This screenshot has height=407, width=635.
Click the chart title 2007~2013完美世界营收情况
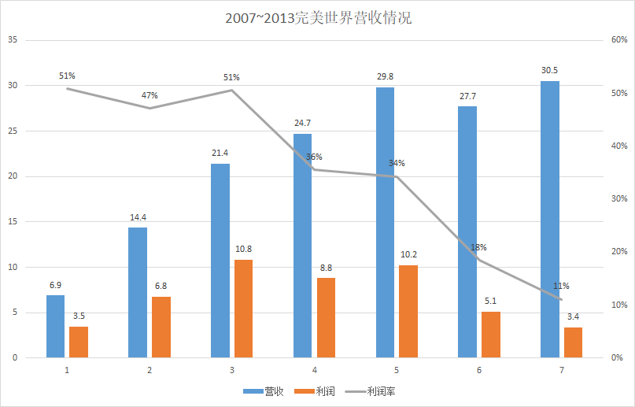[x=318, y=18]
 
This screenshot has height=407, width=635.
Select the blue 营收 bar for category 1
[x=55, y=326]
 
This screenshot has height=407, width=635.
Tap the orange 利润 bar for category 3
[x=243, y=309]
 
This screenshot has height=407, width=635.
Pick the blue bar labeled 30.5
[x=550, y=219]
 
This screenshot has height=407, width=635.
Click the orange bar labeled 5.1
[x=490, y=335]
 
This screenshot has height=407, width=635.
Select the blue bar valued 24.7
[x=303, y=246]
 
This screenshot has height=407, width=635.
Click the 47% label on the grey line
[x=150, y=95]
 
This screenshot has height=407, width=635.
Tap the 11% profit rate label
[x=561, y=286]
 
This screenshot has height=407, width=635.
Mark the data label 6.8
[x=161, y=286]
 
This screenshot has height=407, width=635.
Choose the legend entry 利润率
[x=376, y=390]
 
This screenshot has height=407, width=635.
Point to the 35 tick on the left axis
[x=12, y=40]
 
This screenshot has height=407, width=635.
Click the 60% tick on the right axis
[x=618, y=40]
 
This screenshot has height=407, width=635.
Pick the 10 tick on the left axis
[x=12, y=268]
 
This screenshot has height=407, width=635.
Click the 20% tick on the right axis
[x=618, y=252]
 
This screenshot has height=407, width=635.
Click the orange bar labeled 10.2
[x=408, y=311]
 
